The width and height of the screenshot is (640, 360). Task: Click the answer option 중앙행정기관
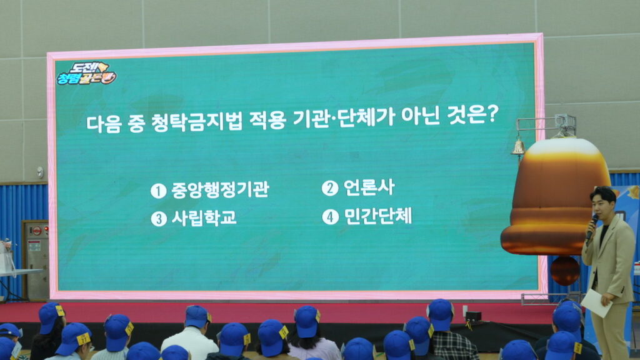[220, 190]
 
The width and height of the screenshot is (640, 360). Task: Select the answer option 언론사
[369, 187]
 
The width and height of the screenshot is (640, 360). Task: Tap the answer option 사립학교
[204, 217]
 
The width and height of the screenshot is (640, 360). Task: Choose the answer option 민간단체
[378, 216]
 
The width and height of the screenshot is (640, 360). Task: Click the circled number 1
[158, 191]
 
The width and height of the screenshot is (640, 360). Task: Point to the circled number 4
[330, 217]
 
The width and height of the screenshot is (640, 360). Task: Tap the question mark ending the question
[492, 115]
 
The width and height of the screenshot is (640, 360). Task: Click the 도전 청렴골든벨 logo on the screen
[86, 74]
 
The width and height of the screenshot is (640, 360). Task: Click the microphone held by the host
[592, 227]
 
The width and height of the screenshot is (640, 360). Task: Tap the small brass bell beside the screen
[518, 147]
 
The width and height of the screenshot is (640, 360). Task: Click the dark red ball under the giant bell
[564, 271]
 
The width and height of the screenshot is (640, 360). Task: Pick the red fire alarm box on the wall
[36, 231]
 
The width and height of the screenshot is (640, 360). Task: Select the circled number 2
[330, 188]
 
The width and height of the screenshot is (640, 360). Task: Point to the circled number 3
[159, 219]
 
